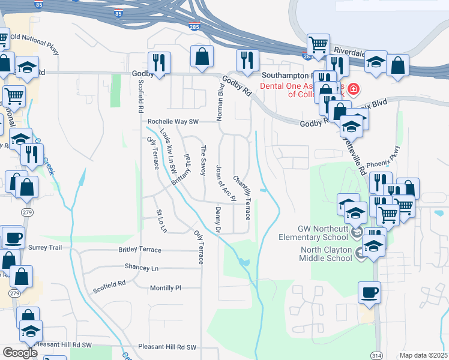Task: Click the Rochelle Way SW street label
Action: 173,121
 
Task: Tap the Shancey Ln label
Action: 142,267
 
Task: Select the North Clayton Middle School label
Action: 326,254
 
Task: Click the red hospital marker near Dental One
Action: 354,90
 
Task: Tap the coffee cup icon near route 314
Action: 369,293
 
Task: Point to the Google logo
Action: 20,353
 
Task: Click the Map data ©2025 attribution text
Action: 424,355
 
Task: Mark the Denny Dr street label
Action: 218,220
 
